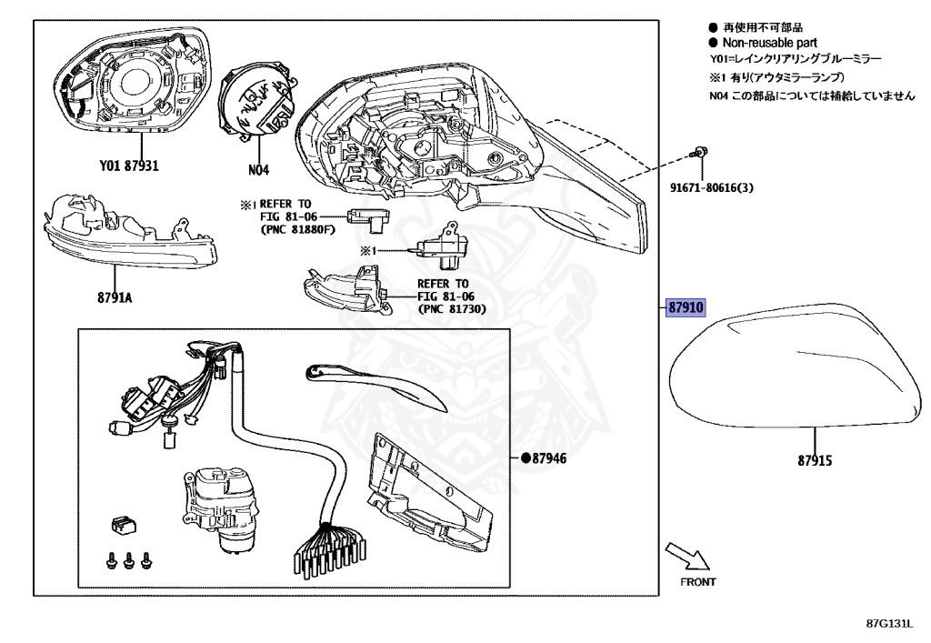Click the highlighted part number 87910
[686, 308]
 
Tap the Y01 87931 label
[130, 166]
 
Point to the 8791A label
[115, 296]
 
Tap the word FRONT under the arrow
[697, 581]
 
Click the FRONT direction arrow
[685, 554]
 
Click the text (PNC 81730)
[452, 309]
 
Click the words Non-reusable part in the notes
[768, 43]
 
